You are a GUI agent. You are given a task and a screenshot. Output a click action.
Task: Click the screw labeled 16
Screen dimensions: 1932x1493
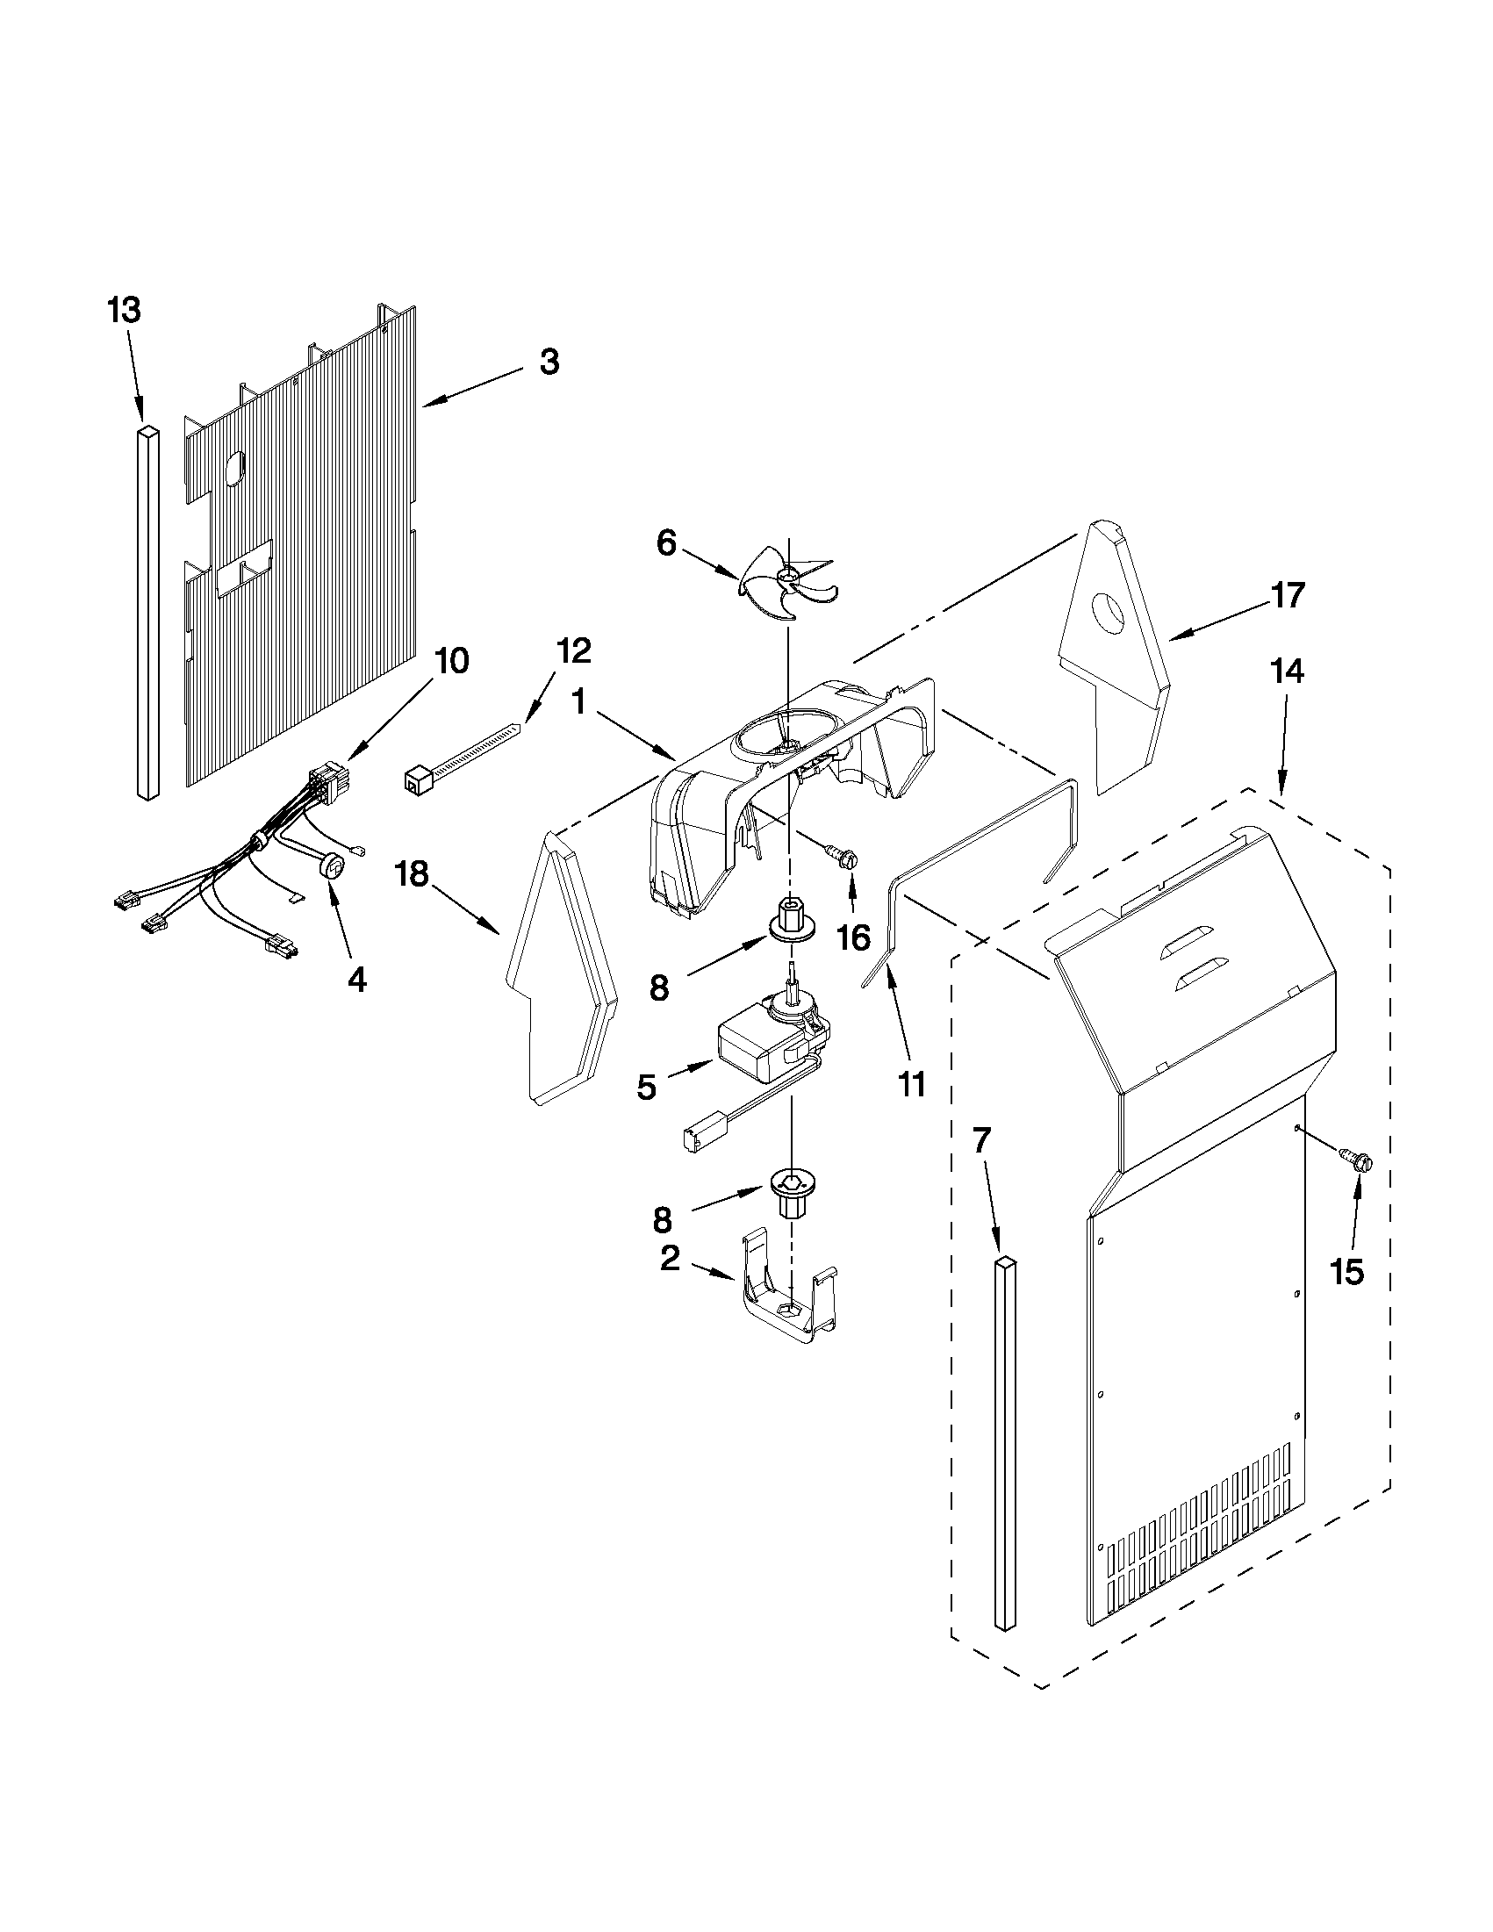pos(842,855)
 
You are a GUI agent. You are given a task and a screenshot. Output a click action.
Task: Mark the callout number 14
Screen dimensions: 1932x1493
pos(1287,672)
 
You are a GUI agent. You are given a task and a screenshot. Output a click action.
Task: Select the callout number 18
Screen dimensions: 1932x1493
pos(413,874)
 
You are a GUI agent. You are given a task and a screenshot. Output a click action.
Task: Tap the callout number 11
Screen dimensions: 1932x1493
pos(911,1083)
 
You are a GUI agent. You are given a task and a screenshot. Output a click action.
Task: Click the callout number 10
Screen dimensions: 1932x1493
pos(452,661)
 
